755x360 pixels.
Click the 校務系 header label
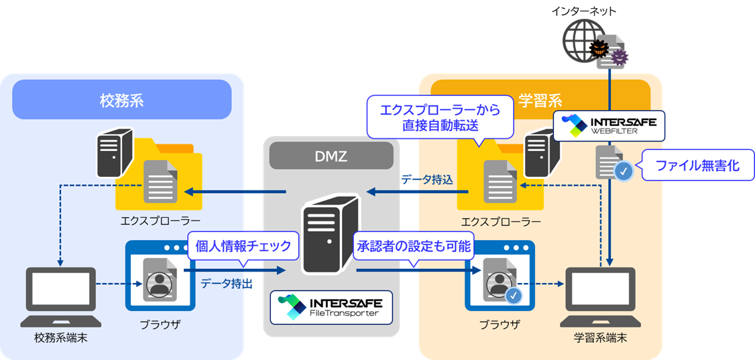click(121, 101)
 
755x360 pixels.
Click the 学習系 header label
click(540, 101)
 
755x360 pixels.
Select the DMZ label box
click(330, 156)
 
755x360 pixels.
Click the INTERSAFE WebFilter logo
click(607, 125)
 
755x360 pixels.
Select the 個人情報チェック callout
click(243, 246)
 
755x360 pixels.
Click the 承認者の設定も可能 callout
click(413, 246)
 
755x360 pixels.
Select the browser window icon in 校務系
click(159, 275)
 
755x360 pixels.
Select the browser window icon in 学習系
click(499, 275)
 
